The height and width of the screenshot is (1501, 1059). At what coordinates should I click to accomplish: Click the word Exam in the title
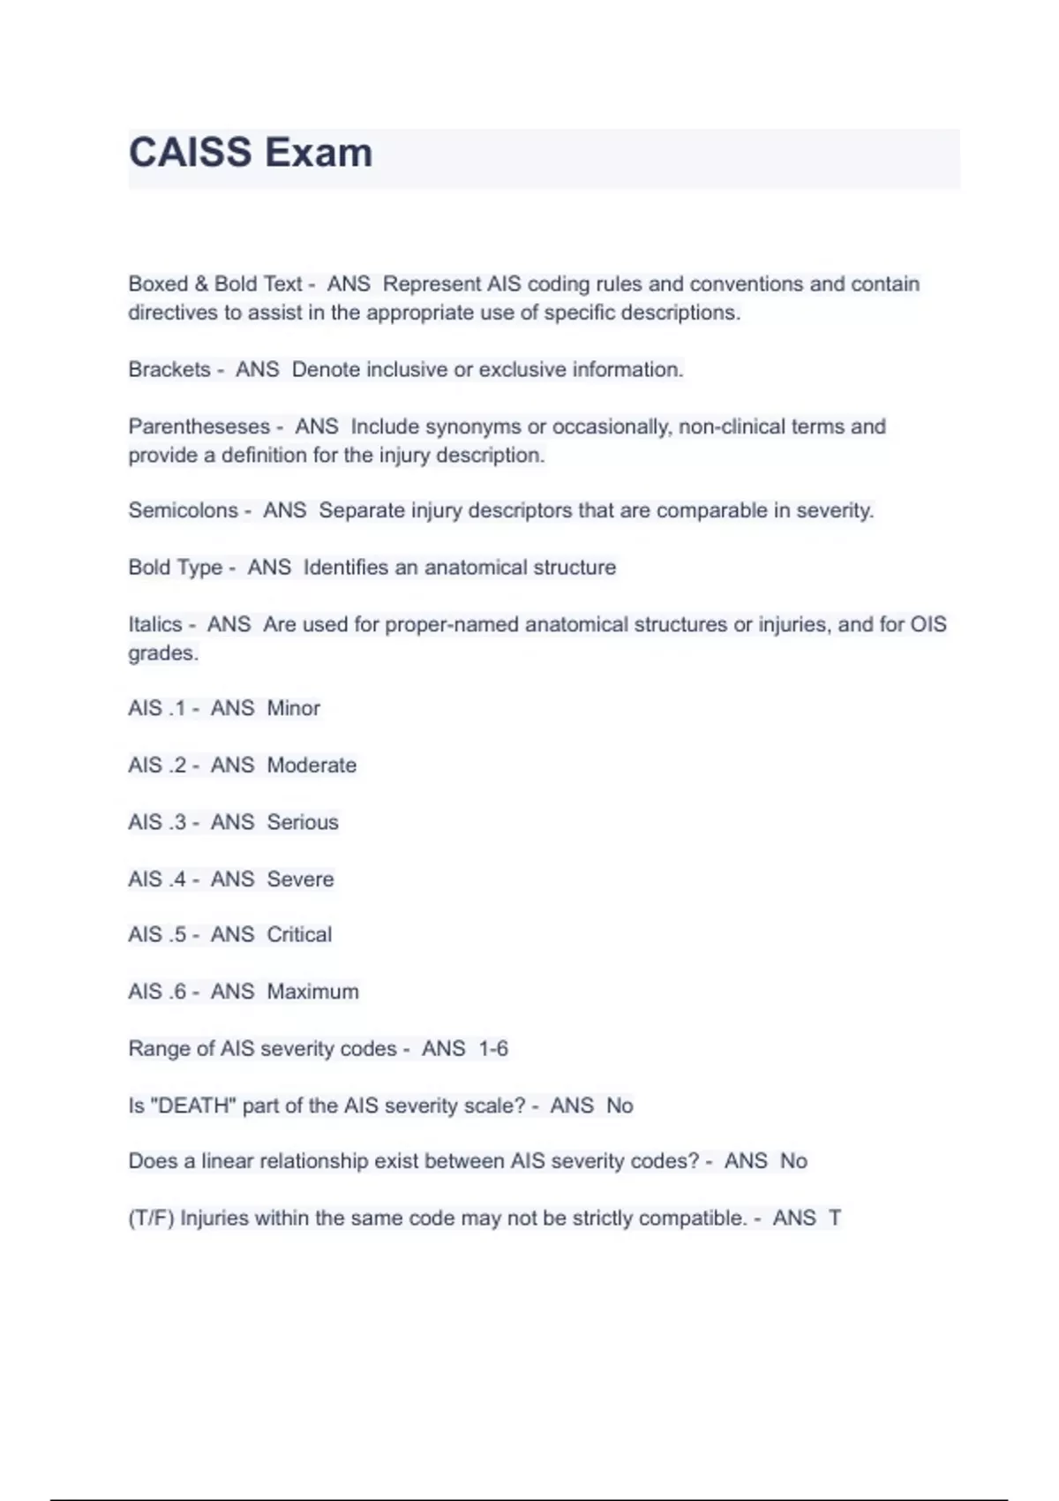(x=319, y=153)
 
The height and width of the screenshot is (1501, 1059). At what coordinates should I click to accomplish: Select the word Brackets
(x=169, y=369)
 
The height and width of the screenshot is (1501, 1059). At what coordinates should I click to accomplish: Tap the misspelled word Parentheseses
(x=199, y=426)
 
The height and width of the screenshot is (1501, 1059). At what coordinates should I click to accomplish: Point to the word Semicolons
(x=183, y=510)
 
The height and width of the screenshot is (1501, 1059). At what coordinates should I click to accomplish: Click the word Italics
(x=155, y=624)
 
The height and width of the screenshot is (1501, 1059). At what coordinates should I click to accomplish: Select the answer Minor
(x=293, y=708)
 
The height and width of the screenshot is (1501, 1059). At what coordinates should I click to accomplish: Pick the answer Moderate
(x=312, y=765)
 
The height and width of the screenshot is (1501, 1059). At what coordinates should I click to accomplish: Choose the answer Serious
(x=303, y=822)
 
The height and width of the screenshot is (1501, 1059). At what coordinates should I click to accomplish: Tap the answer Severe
(x=300, y=879)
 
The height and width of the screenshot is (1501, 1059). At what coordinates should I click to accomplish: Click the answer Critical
(x=299, y=934)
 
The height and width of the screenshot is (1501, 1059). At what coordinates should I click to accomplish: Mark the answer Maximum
(x=312, y=992)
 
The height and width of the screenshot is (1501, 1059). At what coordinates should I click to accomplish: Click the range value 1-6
(x=493, y=1049)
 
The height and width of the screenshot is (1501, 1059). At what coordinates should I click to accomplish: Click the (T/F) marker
(x=151, y=1218)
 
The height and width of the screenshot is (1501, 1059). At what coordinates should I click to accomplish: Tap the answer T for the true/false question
(x=835, y=1218)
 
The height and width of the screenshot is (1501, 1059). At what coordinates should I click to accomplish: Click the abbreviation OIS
(x=928, y=624)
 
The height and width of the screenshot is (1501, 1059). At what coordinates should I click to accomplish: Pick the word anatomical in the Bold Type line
(x=473, y=567)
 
